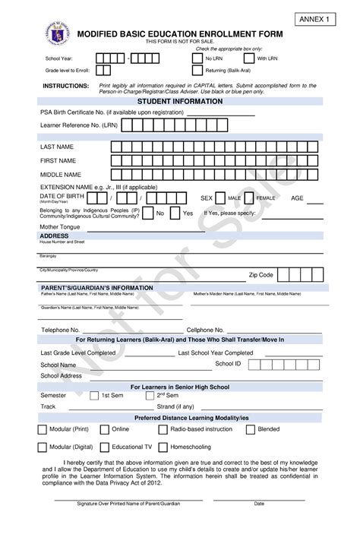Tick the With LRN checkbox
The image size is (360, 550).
pyautogui.click(x=249, y=58)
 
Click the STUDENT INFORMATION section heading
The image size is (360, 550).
pyautogui.click(x=179, y=100)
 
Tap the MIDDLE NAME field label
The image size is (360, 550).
pyautogui.click(x=60, y=175)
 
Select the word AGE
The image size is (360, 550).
pyautogui.click(x=297, y=198)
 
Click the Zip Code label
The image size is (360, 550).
pyautogui.click(x=261, y=275)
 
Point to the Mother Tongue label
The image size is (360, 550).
pyautogui.click(x=59, y=226)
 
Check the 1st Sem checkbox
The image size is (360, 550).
pyautogui.click(x=94, y=396)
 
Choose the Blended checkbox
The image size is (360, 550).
pyautogui.click(x=251, y=429)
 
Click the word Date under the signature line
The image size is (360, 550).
pyautogui.click(x=259, y=525)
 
